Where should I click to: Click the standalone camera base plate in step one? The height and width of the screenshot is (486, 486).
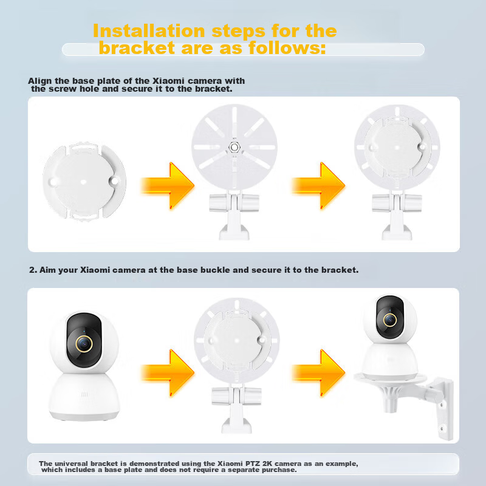(83, 180)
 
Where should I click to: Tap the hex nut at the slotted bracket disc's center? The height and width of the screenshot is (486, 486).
(233, 146)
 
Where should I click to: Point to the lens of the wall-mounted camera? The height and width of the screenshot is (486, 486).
(389, 319)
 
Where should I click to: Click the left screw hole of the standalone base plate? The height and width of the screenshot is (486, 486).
(53, 181)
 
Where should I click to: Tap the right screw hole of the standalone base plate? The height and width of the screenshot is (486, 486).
(113, 181)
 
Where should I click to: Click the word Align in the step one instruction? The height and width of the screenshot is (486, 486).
(39, 81)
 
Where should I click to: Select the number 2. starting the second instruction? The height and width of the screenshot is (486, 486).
(33, 270)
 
